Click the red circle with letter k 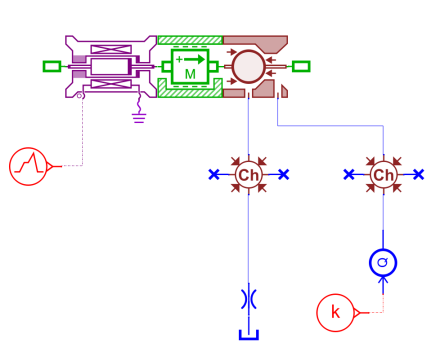point(335,313)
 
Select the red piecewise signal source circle point(28,166)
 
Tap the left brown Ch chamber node point(249,175)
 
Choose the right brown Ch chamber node point(383,175)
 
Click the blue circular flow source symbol point(383,263)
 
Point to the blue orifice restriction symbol point(249,299)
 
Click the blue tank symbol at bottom point(249,335)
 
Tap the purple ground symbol point(139,118)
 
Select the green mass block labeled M point(190,67)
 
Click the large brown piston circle point(249,67)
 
